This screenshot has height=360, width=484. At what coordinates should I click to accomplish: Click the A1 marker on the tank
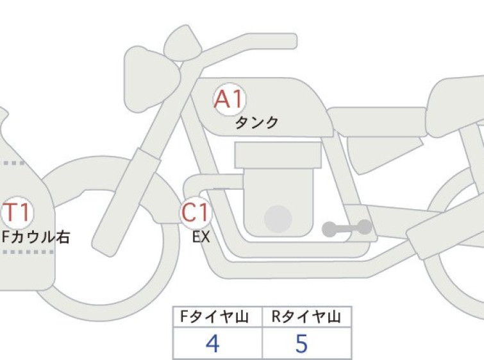click(229, 99)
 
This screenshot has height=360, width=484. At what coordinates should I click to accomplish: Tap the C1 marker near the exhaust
click(196, 212)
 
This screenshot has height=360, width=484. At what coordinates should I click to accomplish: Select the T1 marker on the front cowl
click(17, 212)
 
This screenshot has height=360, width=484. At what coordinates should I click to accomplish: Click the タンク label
click(257, 123)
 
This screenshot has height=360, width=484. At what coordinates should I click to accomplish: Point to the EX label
click(201, 237)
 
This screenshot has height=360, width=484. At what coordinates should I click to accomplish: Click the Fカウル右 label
click(36, 237)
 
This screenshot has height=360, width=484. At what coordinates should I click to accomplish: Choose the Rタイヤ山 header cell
click(307, 316)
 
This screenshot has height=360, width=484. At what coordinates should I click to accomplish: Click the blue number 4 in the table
click(213, 343)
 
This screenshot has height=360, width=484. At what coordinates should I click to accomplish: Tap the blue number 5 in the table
click(301, 343)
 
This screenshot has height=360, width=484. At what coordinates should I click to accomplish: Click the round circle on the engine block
click(278, 219)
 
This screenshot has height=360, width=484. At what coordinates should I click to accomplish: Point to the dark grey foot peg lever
click(347, 228)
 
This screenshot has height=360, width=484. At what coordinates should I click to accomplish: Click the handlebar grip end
click(287, 41)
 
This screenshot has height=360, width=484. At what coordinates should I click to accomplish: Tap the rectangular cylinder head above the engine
click(278, 155)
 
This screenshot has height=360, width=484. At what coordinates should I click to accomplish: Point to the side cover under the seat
click(383, 153)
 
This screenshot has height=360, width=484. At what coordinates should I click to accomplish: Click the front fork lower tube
click(126, 201)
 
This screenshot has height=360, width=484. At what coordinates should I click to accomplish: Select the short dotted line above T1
click(14, 163)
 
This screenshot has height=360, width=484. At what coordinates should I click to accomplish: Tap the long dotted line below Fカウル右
click(28, 252)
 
